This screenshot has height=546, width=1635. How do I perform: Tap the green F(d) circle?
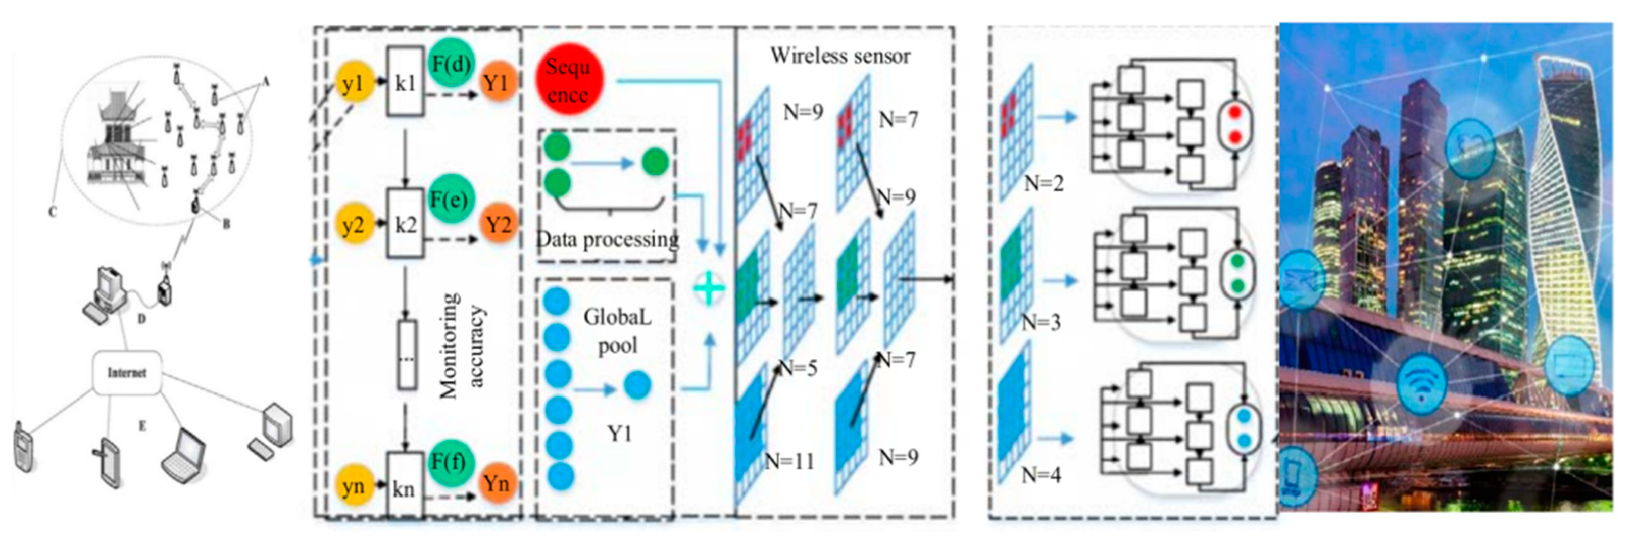click(451, 64)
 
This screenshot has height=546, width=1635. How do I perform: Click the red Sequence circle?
click(568, 80)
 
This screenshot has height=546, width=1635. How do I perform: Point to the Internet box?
click(126, 373)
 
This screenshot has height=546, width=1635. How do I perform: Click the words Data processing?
click(608, 240)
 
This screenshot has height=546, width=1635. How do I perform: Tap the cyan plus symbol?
click(709, 289)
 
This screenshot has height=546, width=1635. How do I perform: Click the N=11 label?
click(789, 462)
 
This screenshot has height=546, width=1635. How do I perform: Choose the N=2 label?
click(1044, 183)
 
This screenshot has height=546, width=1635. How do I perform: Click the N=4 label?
click(1041, 475)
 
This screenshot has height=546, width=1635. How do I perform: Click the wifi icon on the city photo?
click(1422, 383)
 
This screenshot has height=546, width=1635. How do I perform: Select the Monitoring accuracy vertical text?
click(462, 346)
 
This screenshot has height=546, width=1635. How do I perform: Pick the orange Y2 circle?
click(498, 225)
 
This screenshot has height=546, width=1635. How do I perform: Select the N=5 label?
click(798, 368)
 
